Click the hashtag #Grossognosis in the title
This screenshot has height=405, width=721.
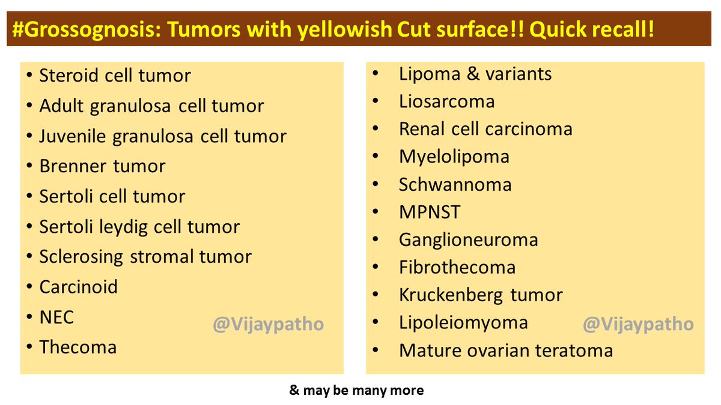pyautogui.click(x=87, y=29)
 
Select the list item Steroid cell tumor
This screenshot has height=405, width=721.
pyautogui.click(x=115, y=76)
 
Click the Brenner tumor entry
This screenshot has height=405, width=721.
pyautogui.click(x=102, y=166)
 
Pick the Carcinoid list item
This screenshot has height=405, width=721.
pyautogui.click(x=79, y=287)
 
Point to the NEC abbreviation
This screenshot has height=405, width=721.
pyautogui.click(x=56, y=317)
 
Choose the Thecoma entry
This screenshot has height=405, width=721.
pyautogui.click(x=78, y=347)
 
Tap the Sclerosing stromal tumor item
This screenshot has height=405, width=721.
pyautogui.click(x=145, y=257)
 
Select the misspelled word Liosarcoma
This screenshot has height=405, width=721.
pyautogui.click(x=447, y=101)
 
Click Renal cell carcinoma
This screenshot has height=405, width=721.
pyautogui.click(x=485, y=129)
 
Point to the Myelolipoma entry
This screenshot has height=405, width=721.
pyautogui.click(x=454, y=157)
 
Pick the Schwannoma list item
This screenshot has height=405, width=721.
pyautogui.click(x=455, y=185)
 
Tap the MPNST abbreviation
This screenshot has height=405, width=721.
pyautogui.click(x=430, y=212)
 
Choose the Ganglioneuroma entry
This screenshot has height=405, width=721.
pyautogui.click(x=468, y=240)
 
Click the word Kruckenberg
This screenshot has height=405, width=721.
pyautogui.click(x=451, y=295)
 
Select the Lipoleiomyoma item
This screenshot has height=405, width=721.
pyautogui.click(x=463, y=323)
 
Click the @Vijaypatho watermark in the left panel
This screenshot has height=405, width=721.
pyautogui.click(x=268, y=325)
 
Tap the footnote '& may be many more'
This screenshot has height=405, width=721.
pyautogui.click(x=356, y=391)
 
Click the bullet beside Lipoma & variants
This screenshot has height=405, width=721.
pyautogui.click(x=376, y=73)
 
